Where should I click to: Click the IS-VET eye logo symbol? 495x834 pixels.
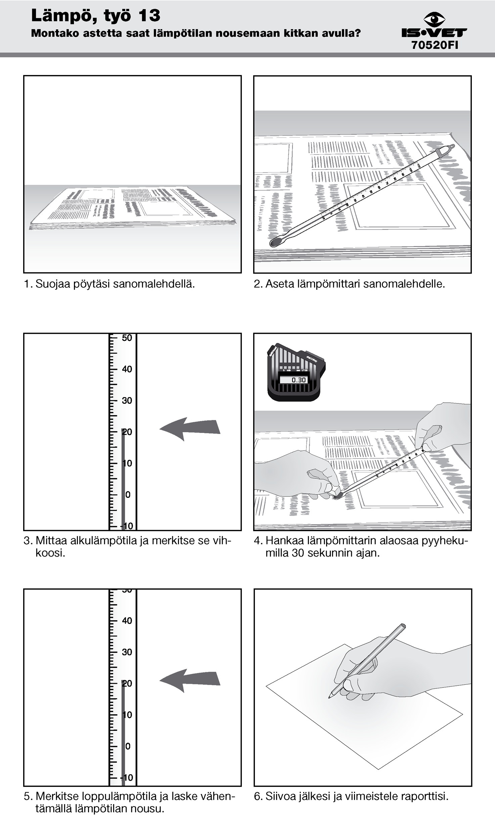pyautogui.click(x=434, y=19)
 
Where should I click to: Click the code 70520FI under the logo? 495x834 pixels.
pyautogui.click(x=435, y=45)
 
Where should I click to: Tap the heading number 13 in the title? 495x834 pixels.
pyautogui.click(x=149, y=15)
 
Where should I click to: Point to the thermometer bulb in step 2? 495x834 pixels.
pyautogui.click(x=275, y=242)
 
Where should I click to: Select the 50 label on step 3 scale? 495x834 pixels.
pyautogui.click(x=127, y=338)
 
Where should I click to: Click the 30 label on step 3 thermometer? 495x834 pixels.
pyautogui.click(x=127, y=400)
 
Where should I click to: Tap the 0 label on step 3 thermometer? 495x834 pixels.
pyautogui.click(x=128, y=494)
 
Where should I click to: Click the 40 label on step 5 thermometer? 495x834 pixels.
pyautogui.click(x=127, y=621)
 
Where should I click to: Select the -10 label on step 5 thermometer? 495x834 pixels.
pyautogui.click(x=127, y=778)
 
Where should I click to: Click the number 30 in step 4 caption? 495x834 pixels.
pyautogui.click(x=298, y=553)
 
